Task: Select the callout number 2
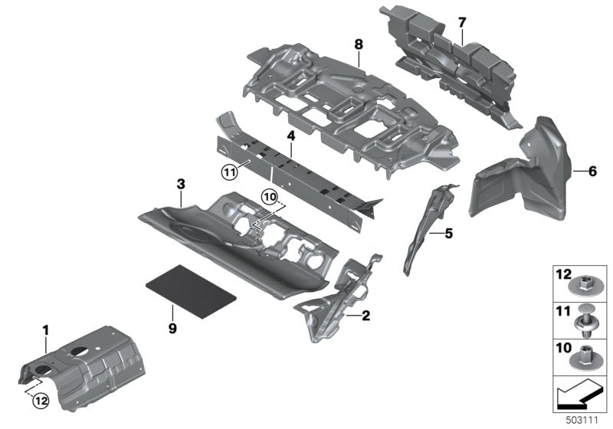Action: click(366, 315)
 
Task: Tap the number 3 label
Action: click(181, 184)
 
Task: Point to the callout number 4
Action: click(290, 136)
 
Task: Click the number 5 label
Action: click(448, 234)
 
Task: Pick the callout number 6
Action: click(592, 171)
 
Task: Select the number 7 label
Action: click(461, 21)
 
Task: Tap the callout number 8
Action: click(359, 44)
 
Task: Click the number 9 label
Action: click(172, 329)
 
